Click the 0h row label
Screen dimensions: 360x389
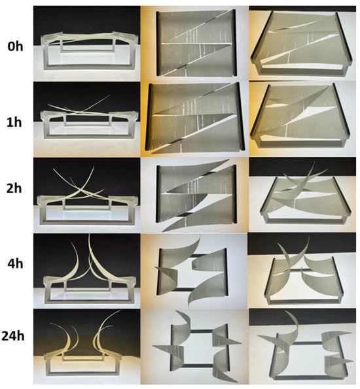(x=15, y=46)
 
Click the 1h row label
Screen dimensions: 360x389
(x=14, y=122)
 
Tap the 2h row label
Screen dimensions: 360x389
(x=14, y=188)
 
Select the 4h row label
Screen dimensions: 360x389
(x=15, y=263)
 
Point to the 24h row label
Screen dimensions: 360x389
(x=13, y=336)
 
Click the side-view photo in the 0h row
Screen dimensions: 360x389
(x=86, y=43)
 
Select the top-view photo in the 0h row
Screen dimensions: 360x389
(x=194, y=43)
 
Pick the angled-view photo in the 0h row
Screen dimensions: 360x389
(x=302, y=43)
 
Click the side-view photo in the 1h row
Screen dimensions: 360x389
(x=86, y=119)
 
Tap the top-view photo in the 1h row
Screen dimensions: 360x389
(x=194, y=119)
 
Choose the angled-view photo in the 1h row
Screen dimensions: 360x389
(x=302, y=119)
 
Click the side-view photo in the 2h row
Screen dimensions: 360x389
(x=86, y=195)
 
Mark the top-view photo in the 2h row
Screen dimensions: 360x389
(x=194, y=195)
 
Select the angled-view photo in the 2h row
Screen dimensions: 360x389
(x=302, y=195)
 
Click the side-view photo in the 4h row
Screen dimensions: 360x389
(x=86, y=271)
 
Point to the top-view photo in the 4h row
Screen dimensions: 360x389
(x=194, y=271)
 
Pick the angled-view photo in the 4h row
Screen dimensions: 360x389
(x=302, y=271)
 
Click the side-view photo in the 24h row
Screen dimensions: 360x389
(x=86, y=347)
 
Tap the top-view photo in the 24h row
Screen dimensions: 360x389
(x=194, y=347)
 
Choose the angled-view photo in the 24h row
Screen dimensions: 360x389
(x=302, y=347)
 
